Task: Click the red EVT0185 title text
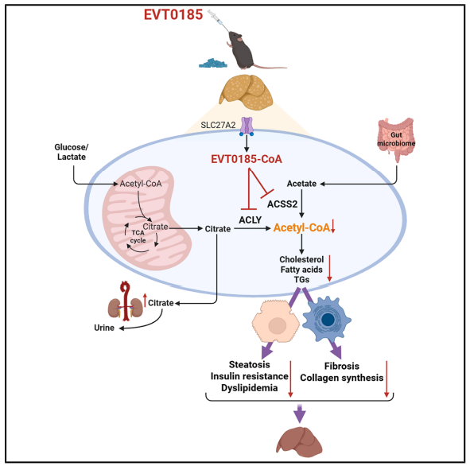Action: (x=173, y=14)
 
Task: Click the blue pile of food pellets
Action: (x=213, y=63)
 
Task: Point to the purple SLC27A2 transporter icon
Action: (x=247, y=126)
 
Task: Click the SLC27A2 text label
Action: (x=218, y=125)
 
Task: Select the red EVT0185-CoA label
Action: (x=247, y=159)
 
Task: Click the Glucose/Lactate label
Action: (x=72, y=152)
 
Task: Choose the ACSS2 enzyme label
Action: (x=282, y=204)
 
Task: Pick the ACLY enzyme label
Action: (x=251, y=220)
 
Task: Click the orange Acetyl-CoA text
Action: (x=301, y=227)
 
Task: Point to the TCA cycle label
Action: (x=138, y=236)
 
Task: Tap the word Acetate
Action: (x=301, y=184)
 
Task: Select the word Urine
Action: (x=104, y=328)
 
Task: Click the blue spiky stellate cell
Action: (x=327, y=319)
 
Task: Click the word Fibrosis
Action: (x=342, y=366)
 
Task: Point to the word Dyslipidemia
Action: (x=250, y=388)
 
